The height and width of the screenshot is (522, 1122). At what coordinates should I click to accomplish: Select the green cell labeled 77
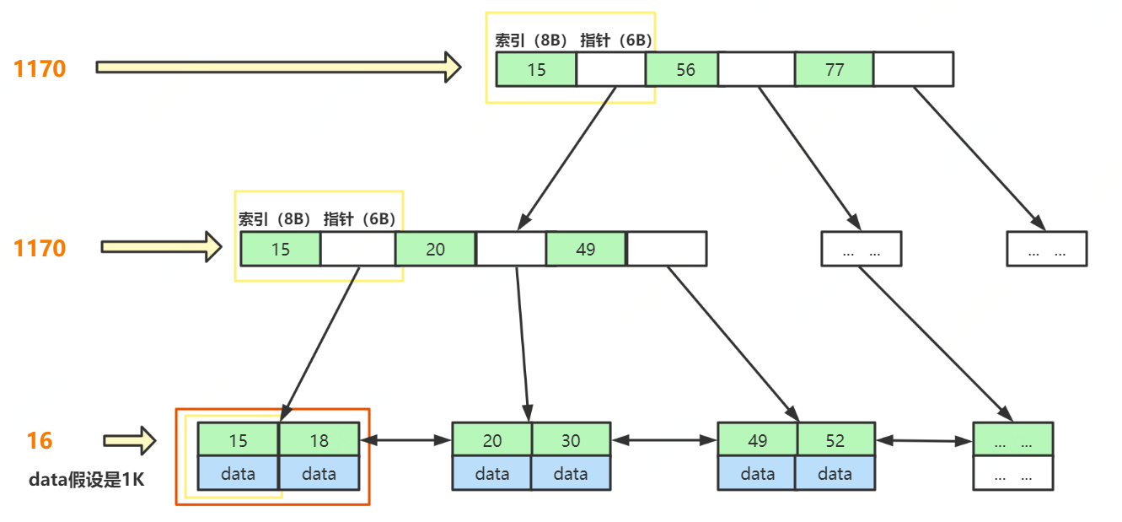pyautogui.click(x=834, y=69)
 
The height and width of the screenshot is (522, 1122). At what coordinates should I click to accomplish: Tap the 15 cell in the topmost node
pyautogui.click(x=536, y=69)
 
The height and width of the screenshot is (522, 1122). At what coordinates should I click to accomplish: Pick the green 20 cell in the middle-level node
pyautogui.click(x=435, y=250)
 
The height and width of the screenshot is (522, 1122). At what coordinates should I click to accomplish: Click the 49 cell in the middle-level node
pyautogui.click(x=585, y=250)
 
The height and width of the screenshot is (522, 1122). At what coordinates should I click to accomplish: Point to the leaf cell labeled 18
pyautogui.click(x=319, y=440)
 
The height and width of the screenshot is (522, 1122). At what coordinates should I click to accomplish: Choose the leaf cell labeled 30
pyautogui.click(x=571, y=440)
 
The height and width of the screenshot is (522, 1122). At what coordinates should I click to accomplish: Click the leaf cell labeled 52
pyautogui.click(x=835, y=440)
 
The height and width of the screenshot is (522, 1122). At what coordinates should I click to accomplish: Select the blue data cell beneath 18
pyautogui.click(x=319, y=474)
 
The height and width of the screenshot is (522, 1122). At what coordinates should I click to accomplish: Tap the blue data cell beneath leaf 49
pyautogui.click(x=757, y=474)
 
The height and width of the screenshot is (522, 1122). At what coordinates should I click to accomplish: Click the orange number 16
pyautogui.click(x=39, y=440)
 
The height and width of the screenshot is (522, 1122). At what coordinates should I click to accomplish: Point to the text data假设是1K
pyautogui.click(x=87, y=480)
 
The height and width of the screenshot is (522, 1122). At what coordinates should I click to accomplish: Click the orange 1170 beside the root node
pyautogui.click(x=39, y=68)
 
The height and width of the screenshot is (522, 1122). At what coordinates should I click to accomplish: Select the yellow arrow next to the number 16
pyautogui.click(x=130, y=440)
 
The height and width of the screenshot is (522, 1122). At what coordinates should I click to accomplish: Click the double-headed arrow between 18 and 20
pyautogui.click(x=405, y=439)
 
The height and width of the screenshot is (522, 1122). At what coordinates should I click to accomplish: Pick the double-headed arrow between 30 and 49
pyautogui.click(x=663, y=439)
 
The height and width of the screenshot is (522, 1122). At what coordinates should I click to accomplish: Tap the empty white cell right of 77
pyautogui.click(x=913, y=69)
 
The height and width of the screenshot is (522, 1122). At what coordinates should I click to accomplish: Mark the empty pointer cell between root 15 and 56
pyautogui.click(x=611, y=69)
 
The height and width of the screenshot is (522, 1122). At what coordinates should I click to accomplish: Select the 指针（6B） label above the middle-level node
pyautogui.click(x=359, y=219)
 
